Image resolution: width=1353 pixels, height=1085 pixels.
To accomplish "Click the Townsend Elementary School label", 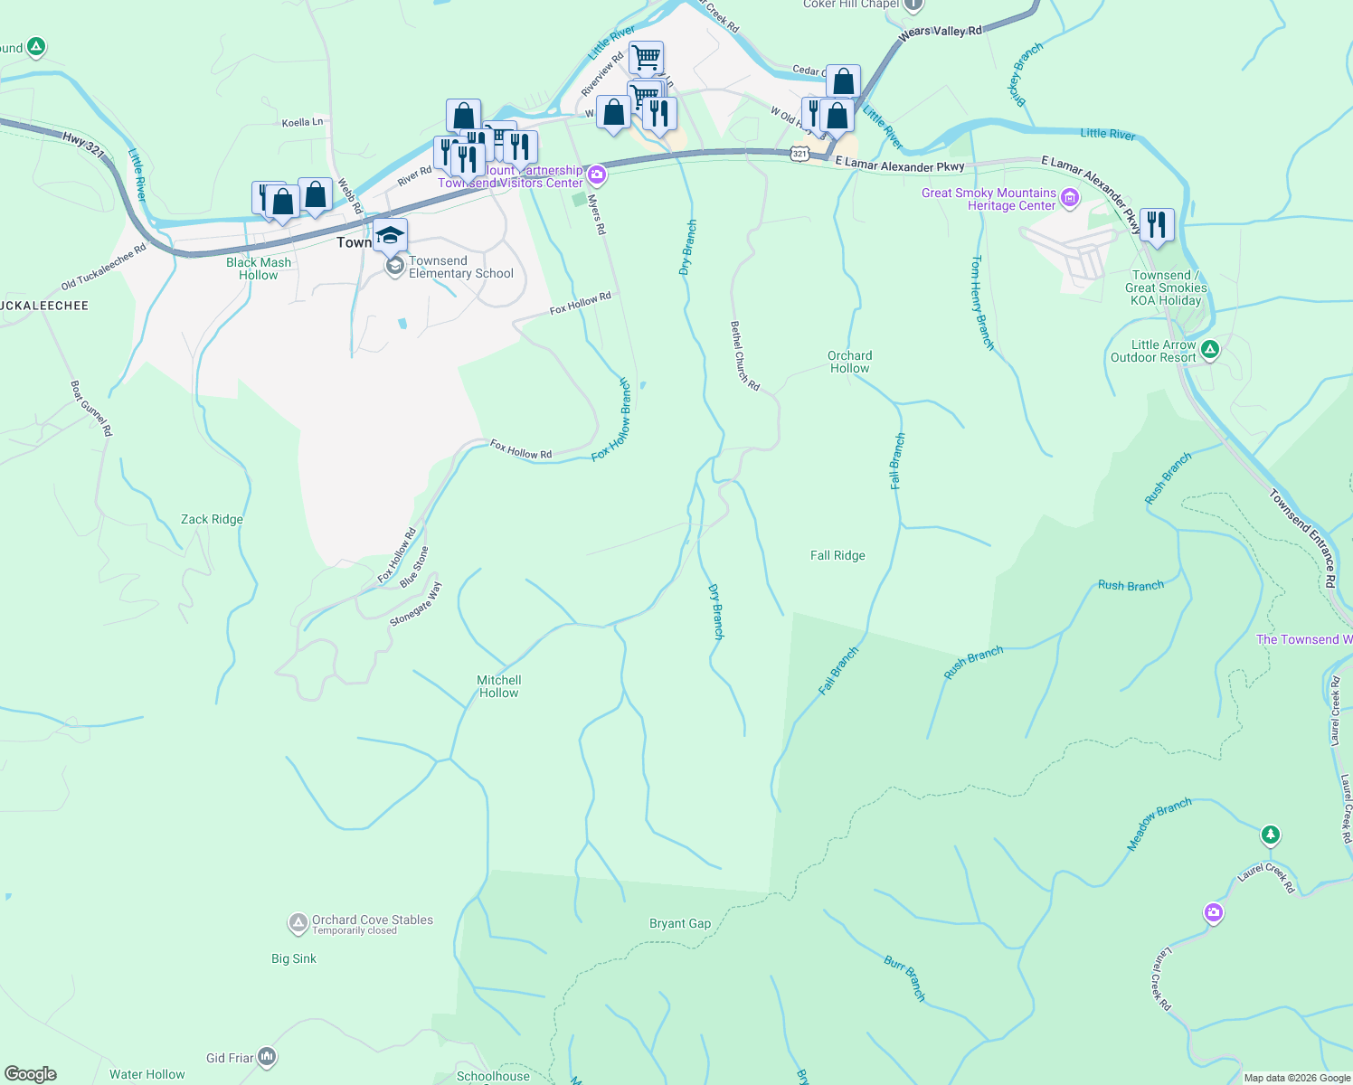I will [x=460, y=267].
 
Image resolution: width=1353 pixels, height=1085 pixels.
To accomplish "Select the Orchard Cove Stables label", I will [x=372, y=920].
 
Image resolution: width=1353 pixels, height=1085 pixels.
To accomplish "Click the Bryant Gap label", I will [x=680, y=923].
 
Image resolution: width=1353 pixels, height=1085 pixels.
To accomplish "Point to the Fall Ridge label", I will [x=837, y=555].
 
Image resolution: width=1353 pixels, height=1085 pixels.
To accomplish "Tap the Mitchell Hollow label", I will [x=499, y=686].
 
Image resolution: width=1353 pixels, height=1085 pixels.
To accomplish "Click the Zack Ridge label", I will [x=212, y=519].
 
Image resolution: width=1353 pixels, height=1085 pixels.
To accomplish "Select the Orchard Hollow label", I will [x=849, y=362].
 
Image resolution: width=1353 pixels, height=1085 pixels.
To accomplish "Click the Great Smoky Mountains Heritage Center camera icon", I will [x=1070, y=198].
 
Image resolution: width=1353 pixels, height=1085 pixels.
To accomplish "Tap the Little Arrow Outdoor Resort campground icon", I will [x=1210, y=350].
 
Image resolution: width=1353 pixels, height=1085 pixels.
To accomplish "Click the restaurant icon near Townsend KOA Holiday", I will [x=1157, y=224].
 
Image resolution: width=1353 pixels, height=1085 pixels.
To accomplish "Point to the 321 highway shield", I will [x=799, y=155].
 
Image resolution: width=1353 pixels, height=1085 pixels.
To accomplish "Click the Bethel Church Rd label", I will [x=744, y=355].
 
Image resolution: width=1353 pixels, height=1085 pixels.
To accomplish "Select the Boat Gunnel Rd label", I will [x=91, y=408].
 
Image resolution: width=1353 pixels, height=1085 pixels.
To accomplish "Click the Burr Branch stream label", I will [x=904, y=978].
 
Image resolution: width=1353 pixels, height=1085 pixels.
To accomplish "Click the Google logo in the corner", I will [x=30, y=1073].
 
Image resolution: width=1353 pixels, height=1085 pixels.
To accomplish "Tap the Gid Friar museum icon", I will [x=266, y=1056].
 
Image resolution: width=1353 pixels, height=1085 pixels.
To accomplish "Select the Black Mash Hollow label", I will [x=259, y=269].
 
